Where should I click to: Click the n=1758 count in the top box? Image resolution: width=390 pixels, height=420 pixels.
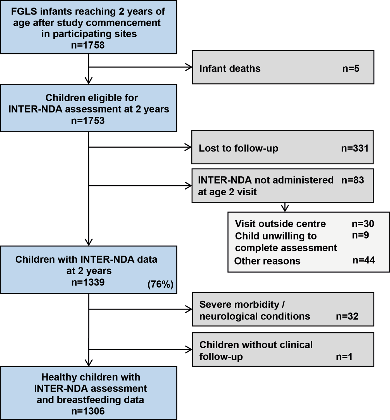click(x=88, y=45)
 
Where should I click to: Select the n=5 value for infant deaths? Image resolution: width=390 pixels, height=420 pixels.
click(x=351, y=69)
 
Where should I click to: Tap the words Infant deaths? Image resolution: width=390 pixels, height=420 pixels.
click(x=230, y=69)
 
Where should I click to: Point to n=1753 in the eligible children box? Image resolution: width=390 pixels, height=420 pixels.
click(x=88, y=121)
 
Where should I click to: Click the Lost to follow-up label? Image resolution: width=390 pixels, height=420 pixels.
click(x=238, y=148)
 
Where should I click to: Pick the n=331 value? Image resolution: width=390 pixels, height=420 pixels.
click(x=355, y=148)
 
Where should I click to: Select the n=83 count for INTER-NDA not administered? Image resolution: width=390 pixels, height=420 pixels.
click(x=353, y=180)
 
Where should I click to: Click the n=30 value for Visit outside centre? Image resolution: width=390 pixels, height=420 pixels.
click(x=363, y=224)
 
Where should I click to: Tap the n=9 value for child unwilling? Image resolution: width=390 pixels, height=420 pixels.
click(x=360, y=235)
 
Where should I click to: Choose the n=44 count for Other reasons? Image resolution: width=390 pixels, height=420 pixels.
click(x=363, y=260)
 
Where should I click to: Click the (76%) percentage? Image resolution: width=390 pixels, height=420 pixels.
click(x=160, y=284)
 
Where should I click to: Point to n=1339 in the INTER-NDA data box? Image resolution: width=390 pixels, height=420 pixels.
click(x=88, y=282)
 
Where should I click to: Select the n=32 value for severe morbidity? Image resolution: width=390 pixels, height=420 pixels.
click(x=347, y=316)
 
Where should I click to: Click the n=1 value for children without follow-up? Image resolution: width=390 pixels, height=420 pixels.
click(x=344, y=357)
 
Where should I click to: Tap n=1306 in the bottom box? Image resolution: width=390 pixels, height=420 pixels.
click(x=88, y=411)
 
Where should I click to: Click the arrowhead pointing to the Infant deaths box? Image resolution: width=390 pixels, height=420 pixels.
click(x=189, y=67)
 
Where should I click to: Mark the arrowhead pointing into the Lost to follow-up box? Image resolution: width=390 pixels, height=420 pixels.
click(x=189, y=147)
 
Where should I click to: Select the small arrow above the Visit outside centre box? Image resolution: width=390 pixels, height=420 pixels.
click(x=285, y=208)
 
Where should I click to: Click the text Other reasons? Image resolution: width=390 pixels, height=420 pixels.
click(x=267, y=261)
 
